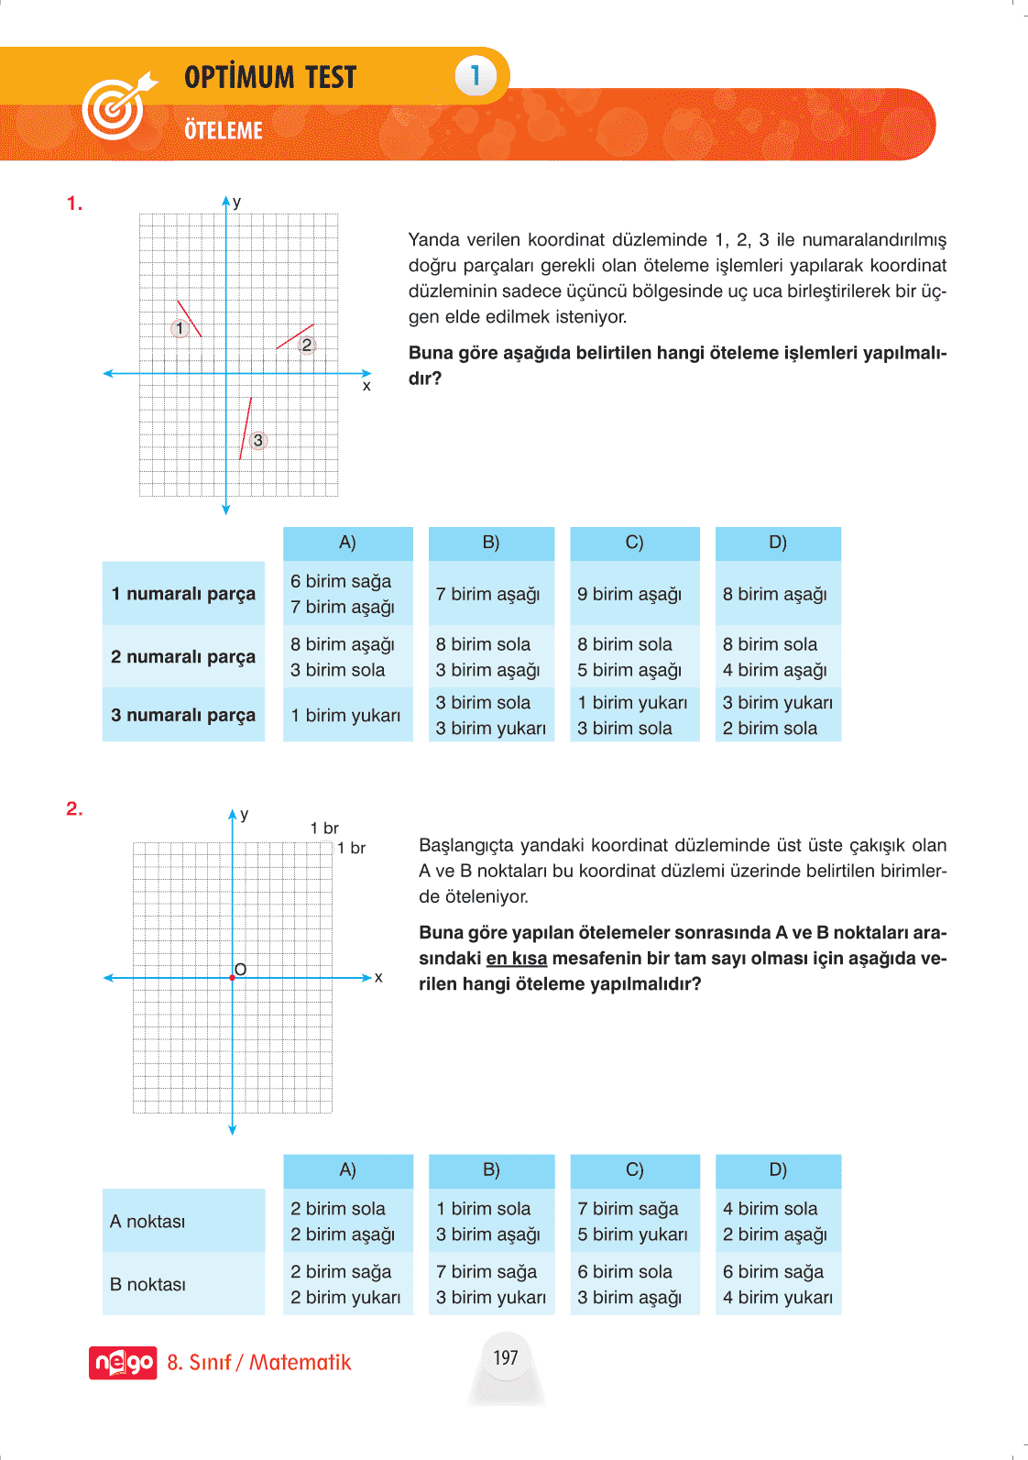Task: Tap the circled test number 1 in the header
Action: coord(475,75)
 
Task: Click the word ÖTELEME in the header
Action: coord(224,130)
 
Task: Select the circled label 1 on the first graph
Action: coord(180,328)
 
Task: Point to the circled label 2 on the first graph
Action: coord(307,345)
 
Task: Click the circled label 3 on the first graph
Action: coord(258,440)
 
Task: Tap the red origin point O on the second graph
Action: coord(233,978)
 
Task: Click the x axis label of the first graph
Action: coord(366,386)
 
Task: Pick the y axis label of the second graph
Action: coord(244,814)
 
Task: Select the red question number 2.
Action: coord(74,808)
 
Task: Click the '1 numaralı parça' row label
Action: coord(183,593)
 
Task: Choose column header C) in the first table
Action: coord(634,543)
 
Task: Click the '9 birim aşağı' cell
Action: coord(629,594)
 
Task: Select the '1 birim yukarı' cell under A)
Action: coord(345,715)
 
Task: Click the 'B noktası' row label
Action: coord(148,1284)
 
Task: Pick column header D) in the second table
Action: coord(778,1169)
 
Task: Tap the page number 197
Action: coord(506,1357)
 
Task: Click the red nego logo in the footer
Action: coord(123,1363)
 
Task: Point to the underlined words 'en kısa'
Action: coord(517,958)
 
